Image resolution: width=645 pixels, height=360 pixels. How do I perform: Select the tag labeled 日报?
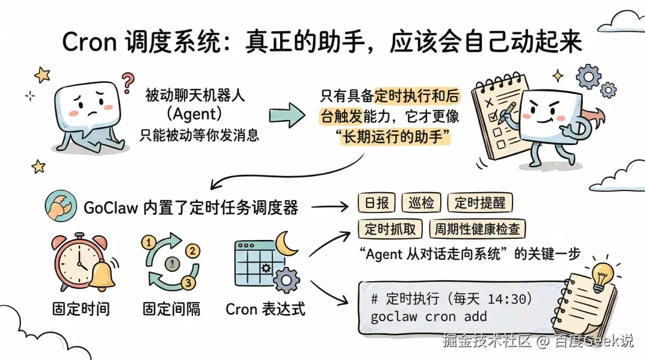point(376,203)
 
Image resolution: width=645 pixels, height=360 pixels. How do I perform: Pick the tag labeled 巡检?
point(422,203)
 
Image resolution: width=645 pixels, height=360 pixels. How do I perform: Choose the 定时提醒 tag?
point(479,203)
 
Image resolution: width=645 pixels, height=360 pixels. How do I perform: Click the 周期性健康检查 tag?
point(477,229)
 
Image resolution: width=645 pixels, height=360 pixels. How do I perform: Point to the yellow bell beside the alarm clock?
point(103,274)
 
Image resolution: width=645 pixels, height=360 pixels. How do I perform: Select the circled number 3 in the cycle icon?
point(188,282)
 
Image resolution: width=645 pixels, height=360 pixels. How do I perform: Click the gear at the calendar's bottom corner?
point(287,279)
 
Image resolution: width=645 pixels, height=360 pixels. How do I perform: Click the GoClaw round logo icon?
point(59,207)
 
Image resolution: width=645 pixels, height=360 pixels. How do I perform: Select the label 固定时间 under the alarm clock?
point(81,309)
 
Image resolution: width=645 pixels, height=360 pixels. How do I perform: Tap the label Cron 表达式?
point(265,309)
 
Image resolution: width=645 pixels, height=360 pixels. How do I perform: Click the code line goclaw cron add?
point(428,316)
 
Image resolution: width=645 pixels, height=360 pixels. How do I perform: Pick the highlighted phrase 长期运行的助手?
point(394,137)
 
